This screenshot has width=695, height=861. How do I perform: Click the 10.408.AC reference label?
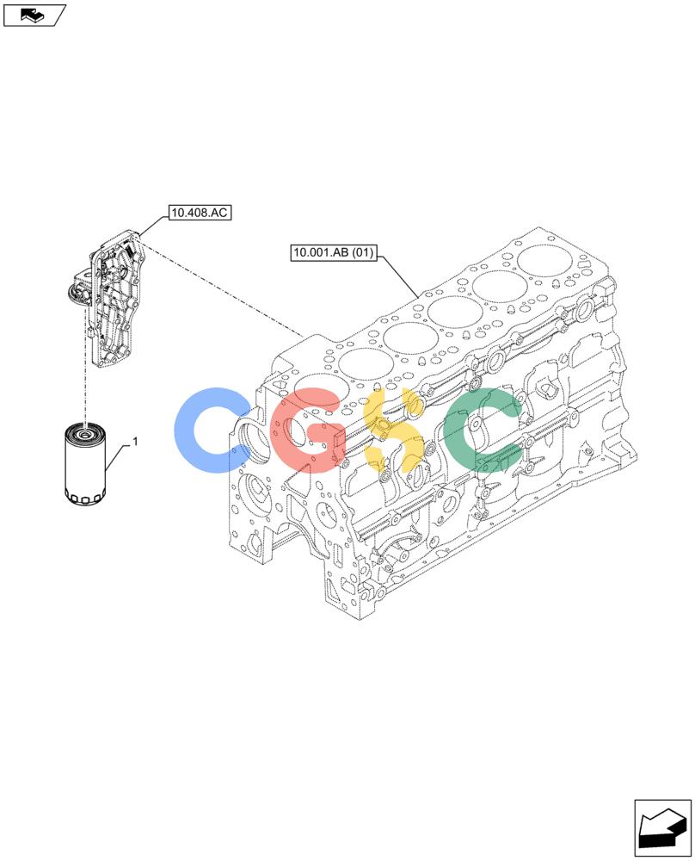tap(199, 213)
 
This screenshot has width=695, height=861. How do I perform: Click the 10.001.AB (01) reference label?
tap(334, 252)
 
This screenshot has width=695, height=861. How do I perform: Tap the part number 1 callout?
tap(135, 442)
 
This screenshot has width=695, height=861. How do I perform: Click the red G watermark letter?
tap(307, 430)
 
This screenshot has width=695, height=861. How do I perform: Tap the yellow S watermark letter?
tap(393, 430)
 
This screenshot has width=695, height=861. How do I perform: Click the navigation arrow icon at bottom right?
tap(662, 828)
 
